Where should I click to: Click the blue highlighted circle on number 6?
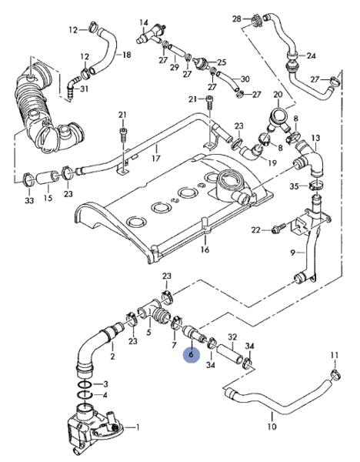coord(191,355)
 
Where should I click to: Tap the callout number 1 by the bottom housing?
coord(137,427)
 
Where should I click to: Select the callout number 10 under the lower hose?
coord(272,426)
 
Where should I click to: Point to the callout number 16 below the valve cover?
coord(205,249)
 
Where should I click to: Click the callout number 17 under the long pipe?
coord(155,158)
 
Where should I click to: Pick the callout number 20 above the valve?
coord(278,95)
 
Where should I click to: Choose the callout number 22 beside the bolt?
coord(256,229)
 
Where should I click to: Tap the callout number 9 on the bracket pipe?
coord(292,253)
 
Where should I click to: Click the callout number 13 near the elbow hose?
coord(315,138)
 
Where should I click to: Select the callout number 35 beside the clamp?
coord(294,186)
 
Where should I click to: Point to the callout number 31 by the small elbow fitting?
coord(84,89)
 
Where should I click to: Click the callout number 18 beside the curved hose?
coord(127,55)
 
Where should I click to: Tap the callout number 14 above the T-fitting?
coord(144,22)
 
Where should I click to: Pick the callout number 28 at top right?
coord(237,18)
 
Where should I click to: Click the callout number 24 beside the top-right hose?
coord(311,55)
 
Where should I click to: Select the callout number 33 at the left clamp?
coord(29,200)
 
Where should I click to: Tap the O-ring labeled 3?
coord(85,384)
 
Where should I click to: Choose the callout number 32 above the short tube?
coord(232,336)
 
